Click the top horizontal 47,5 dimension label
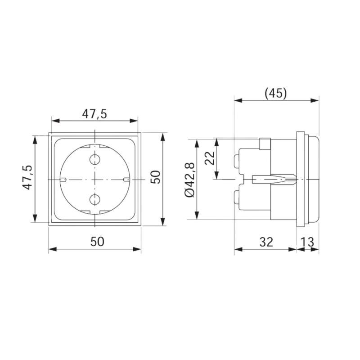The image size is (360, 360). pyautogui.click(x=94, y=114)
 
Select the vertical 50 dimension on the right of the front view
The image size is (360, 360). pyautogui.click(x=155, y=176)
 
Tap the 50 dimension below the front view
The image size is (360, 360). pyautogui.click(x=97, y=242)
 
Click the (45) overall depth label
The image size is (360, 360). pyautogui.click(x=275, y=93)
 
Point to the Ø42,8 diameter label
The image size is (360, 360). pyautogui.click(x=189, y=179)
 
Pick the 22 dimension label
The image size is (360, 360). pyautogui.click(x=210, y=158)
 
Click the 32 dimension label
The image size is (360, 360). pyautogui.click(x=266, y=242)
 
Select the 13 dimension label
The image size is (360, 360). pyautogui.click(x=307, y=242)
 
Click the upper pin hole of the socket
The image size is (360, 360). pyautogui.click(x=95, y=159)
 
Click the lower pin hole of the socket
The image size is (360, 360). pyautogui.click(x=95, y=199)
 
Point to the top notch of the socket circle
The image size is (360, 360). pyautogui.click(x=95, y=146)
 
